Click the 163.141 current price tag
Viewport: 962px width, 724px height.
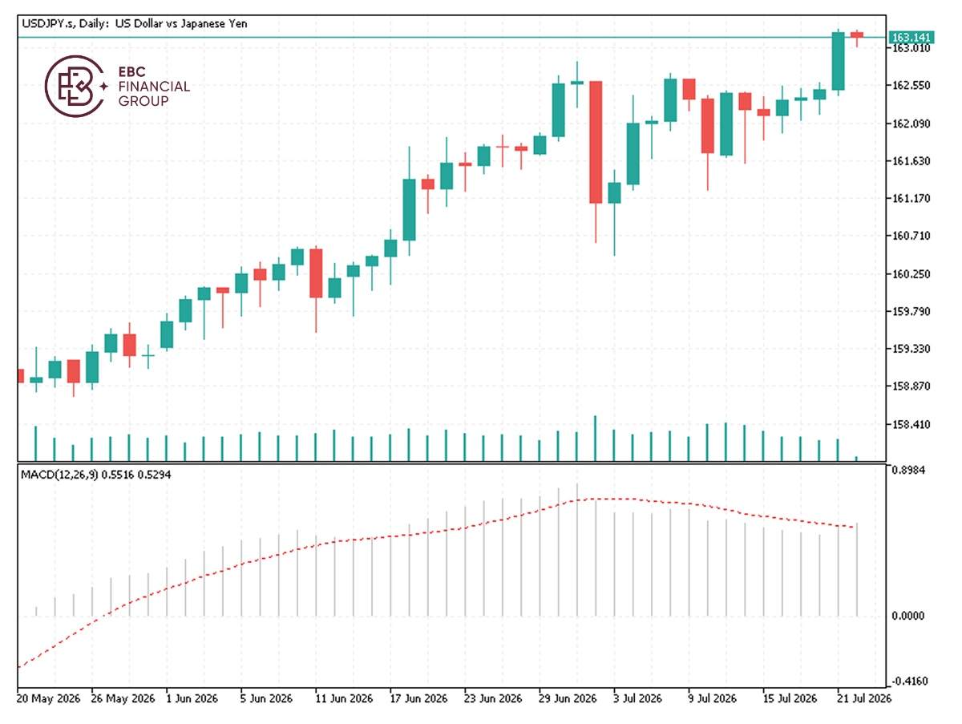pyautogui.click(x=911, y=37)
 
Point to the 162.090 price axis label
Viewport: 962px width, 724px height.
pyautogui.click(x=911, y=123)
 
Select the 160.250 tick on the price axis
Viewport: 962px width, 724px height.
pyautogui.click(x=911, y=274)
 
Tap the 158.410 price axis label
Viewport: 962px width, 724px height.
pyautogui.click(x=911, y=424)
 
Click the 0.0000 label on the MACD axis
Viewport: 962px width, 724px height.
pyautogui.click(x=908, y=616)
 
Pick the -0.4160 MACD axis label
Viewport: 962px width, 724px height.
pyautogui.click(x=909, y=681)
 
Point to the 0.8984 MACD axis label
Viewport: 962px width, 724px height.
pyautogui.click(x=908, y=471)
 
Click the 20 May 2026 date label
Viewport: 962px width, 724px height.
pyautogui.click(x=49, y=698)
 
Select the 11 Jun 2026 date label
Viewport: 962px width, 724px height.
pyautogui.click(x=344, y=698)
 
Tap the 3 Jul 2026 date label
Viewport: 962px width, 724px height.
pyautogui.click(x=637, y=698)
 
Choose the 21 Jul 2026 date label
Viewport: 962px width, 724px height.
pyautogui.click(x=864, y=698)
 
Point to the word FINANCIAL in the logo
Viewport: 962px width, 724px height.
pyautogui.click(x=154, y=87)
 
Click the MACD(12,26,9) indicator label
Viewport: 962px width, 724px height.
pyautogui.click(x=59, y=475)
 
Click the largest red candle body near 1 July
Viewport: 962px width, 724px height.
pyautogui.click(x=596, y=142)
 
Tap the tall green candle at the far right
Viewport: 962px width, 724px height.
pyautogui.click(x=839, y=62)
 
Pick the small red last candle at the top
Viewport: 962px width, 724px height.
pyautogui.click(x=857, y=34)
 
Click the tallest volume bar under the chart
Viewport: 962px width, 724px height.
pyautogui.click(x=595, y=439)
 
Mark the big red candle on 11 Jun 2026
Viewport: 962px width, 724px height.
pyautogui.click(x=316, y=273)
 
